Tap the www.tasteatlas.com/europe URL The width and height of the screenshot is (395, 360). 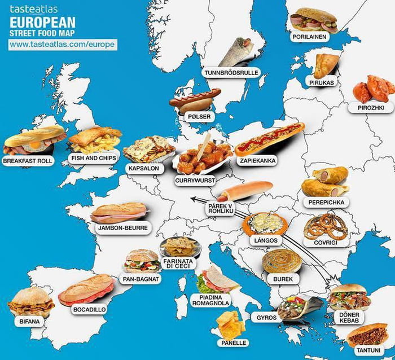[x=63, y=44]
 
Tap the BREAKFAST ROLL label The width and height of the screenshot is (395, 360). [x=28, y=161]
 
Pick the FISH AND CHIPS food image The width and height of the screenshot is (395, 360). [x=95, y=139]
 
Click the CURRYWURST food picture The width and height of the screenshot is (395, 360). [x=201, y=156]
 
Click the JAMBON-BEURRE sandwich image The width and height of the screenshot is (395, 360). [x=119, y=213]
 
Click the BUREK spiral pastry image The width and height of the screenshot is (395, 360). [x=282, y=261]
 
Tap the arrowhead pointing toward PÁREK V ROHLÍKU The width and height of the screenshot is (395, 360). [x=192, y=198]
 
